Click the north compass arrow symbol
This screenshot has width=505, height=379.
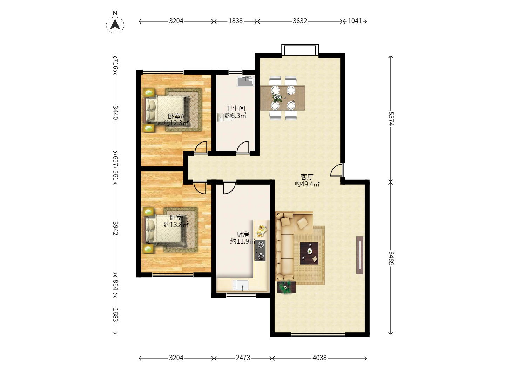point(115,25)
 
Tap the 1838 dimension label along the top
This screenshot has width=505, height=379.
point(235,21)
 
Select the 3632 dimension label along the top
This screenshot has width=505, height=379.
point(300,21)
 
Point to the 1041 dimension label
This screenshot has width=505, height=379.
point(355,21)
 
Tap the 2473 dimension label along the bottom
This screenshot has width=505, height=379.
point(243,358)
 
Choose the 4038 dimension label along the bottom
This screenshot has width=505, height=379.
point(319,358)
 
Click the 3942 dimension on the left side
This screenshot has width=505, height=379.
point(115,228)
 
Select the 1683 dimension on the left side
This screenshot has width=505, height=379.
point(115,315)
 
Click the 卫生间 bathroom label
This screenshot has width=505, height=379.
point(235,108)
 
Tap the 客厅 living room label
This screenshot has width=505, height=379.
point(307,177)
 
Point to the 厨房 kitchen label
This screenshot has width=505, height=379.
point(242,234)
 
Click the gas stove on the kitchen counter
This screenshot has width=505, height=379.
point(260,251)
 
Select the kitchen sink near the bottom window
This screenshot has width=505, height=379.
point(241,285)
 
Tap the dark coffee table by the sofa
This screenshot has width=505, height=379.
point(309,253)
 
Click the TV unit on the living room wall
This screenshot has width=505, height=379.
point(359,255)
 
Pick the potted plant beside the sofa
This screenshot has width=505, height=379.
point(286,287)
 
